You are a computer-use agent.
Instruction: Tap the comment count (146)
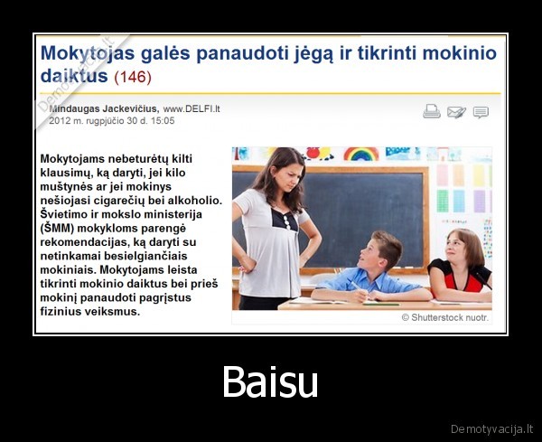coord(132,77)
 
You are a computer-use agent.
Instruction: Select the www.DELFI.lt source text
coord(192,108)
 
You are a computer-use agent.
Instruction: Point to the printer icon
coord(432,111)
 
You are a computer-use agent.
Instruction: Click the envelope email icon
coord(456,111)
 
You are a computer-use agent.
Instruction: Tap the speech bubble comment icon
coord(481,111)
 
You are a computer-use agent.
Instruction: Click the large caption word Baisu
coord(270,381)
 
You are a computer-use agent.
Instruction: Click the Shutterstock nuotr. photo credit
coord(444,317)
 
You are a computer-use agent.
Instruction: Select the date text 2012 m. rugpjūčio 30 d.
coord(98,119)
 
